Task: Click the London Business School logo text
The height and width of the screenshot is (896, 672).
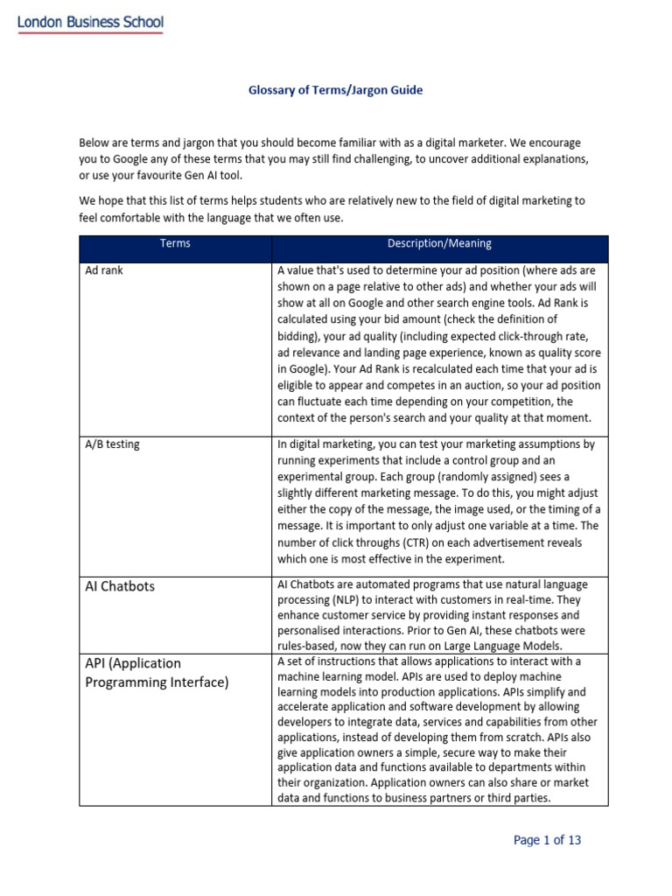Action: [91, 23]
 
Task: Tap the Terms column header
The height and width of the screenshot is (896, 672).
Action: [175, 244]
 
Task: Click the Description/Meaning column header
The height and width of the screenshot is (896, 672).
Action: [439, 244]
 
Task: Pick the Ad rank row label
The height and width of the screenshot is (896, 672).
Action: [103, 270]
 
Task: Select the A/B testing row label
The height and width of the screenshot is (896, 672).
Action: [112, 444]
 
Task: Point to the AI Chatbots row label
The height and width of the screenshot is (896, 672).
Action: [120, 586]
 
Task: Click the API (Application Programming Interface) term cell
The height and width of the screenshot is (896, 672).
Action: [156, 672]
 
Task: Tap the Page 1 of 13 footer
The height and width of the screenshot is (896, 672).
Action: [547, 840]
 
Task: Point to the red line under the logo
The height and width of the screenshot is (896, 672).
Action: [91, 34]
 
